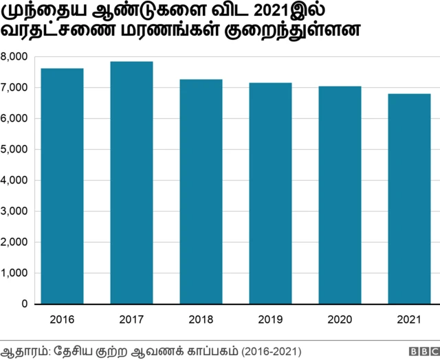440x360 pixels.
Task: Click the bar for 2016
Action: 63,185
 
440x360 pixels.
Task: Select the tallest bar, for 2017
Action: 132,182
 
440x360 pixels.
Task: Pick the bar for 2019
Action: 270,193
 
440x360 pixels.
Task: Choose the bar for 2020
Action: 340,194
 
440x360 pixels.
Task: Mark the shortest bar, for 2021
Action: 409,199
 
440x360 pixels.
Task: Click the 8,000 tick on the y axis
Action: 14,56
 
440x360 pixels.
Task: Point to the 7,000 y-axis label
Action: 14,87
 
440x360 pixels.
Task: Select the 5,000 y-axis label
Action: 14,149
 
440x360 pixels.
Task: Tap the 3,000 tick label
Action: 14,211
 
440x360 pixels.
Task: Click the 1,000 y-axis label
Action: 14,273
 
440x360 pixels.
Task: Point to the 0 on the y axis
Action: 24,304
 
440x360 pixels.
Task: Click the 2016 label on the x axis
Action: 63,319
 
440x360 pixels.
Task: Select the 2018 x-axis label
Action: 201,319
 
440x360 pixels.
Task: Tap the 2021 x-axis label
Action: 409,319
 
